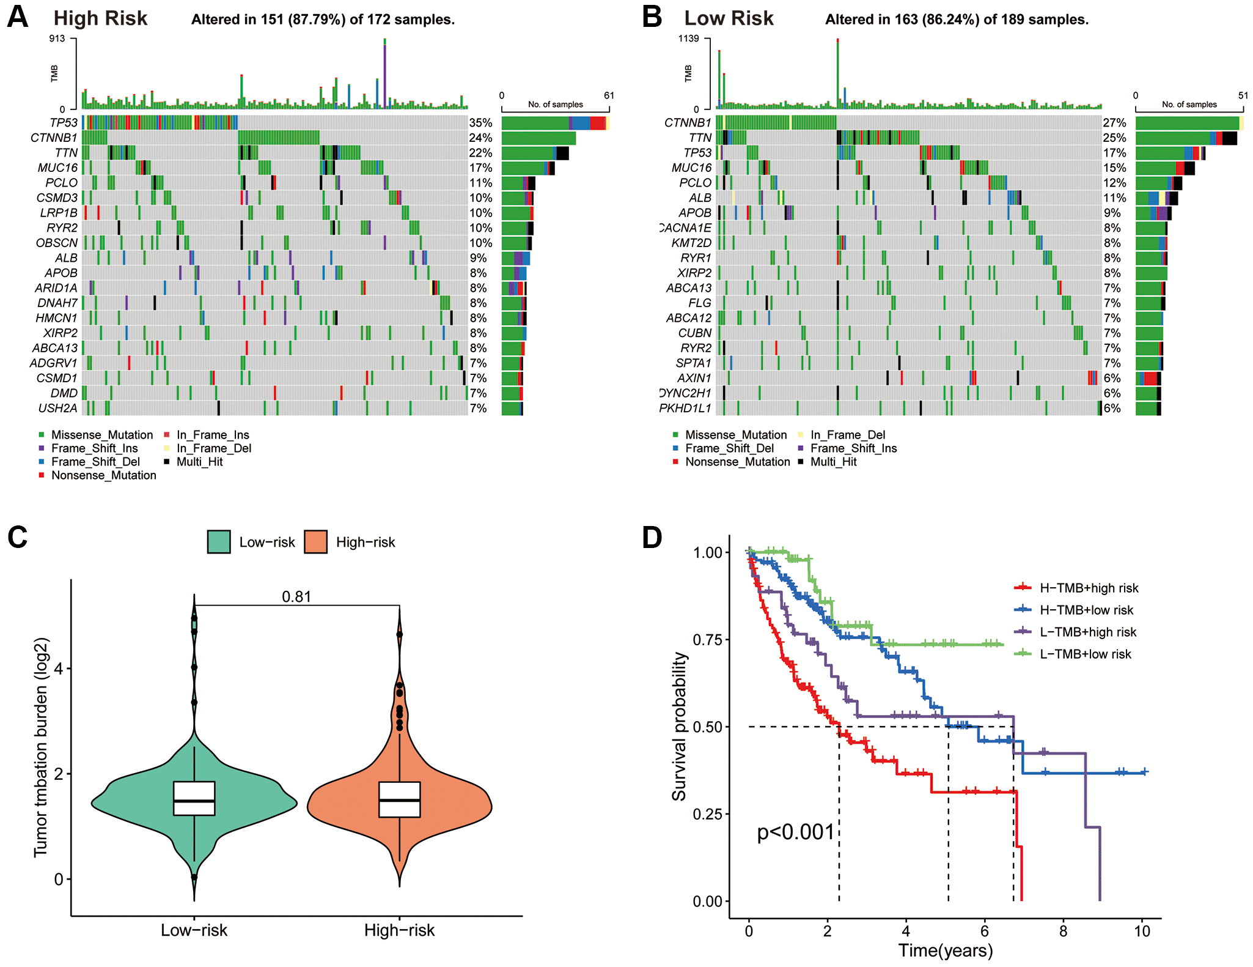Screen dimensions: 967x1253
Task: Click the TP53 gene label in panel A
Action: pyautogui.click(x=64, y=123)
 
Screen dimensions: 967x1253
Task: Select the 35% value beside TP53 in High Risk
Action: pyautogui.click(x=480, y=123)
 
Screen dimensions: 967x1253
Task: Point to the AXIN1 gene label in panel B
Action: pyautogui.click(x=694, y=378)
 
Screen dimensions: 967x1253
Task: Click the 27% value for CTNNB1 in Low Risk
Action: pyautogui.click(x=1114, y=123)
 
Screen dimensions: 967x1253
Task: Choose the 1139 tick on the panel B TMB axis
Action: pyautogui.click(x=688, y=39)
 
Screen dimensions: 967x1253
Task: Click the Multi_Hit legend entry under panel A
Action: pyautogui.click(x=199, y=462)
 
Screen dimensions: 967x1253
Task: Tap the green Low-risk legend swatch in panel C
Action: pyautogui.click(x=219, y=542)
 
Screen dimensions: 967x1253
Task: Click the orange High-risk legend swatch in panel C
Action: pyautogui.click(x=315, y=542)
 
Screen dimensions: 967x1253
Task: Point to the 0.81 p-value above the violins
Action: pyautogui.click(x=296, y=596)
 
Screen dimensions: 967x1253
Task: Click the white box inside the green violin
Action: pyautogui.click(x=194, y=798)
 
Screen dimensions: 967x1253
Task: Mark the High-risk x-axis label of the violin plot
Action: pyautogui.click(x=399, y=930)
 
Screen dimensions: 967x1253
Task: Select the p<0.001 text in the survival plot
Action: pyautogui.click(x=795, y=832)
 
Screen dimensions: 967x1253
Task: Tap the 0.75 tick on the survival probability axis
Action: pyautogui.click(x=708, y=640)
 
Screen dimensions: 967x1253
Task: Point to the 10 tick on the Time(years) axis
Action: pyautogui.click(x=1142, y=931)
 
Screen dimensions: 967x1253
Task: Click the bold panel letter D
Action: pyautogui.click(x=652, y=537)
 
